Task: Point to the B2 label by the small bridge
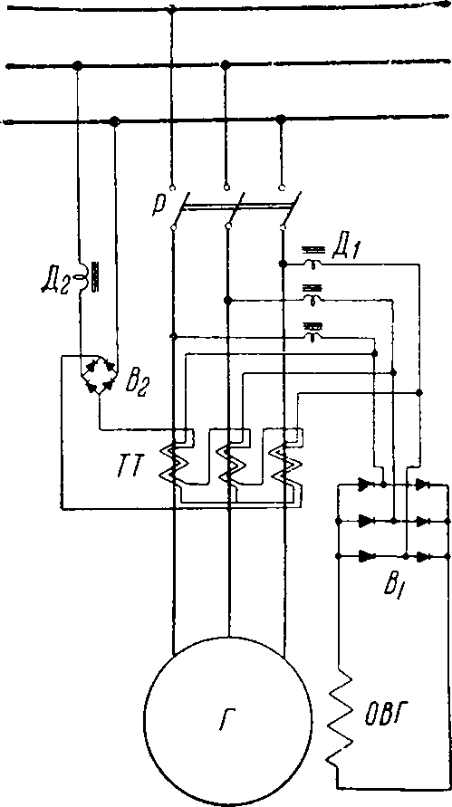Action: (136, 383)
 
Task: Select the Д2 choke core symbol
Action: (95, 277)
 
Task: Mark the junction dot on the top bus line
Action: (172, 9)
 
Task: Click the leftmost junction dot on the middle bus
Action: (78, 66)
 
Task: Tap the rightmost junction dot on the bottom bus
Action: (281, 120)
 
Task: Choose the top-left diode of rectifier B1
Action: (367, 485)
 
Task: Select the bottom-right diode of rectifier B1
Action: (423, 556)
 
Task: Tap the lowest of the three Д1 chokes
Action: (313, 332)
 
